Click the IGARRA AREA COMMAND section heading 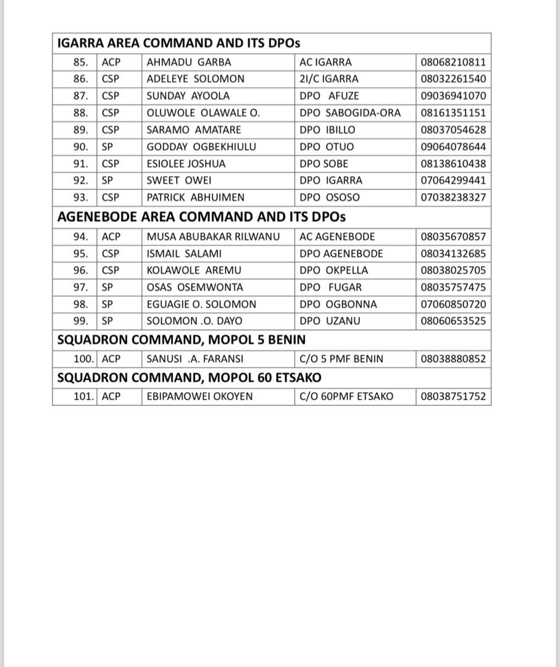coord(178,43)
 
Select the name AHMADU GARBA coord(189,62)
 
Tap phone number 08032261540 coord(453,79)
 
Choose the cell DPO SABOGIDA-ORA coord(350,113)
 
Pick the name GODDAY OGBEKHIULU coord(201,147)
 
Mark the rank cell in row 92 coord(107,180)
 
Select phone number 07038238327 coord(453,198)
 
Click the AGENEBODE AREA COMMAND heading coord(201,217)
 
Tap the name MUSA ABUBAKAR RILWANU coord(213,237)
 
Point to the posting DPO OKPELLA coord(333,271)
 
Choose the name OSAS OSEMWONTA coord(195,287)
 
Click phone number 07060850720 coord(453,304)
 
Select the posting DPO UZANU coord(330,321)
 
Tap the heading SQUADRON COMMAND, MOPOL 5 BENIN coord(181,340)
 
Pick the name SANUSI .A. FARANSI coord(195,359)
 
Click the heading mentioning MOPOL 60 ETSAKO coord(189,377)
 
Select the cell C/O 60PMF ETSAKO coord(346,396)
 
